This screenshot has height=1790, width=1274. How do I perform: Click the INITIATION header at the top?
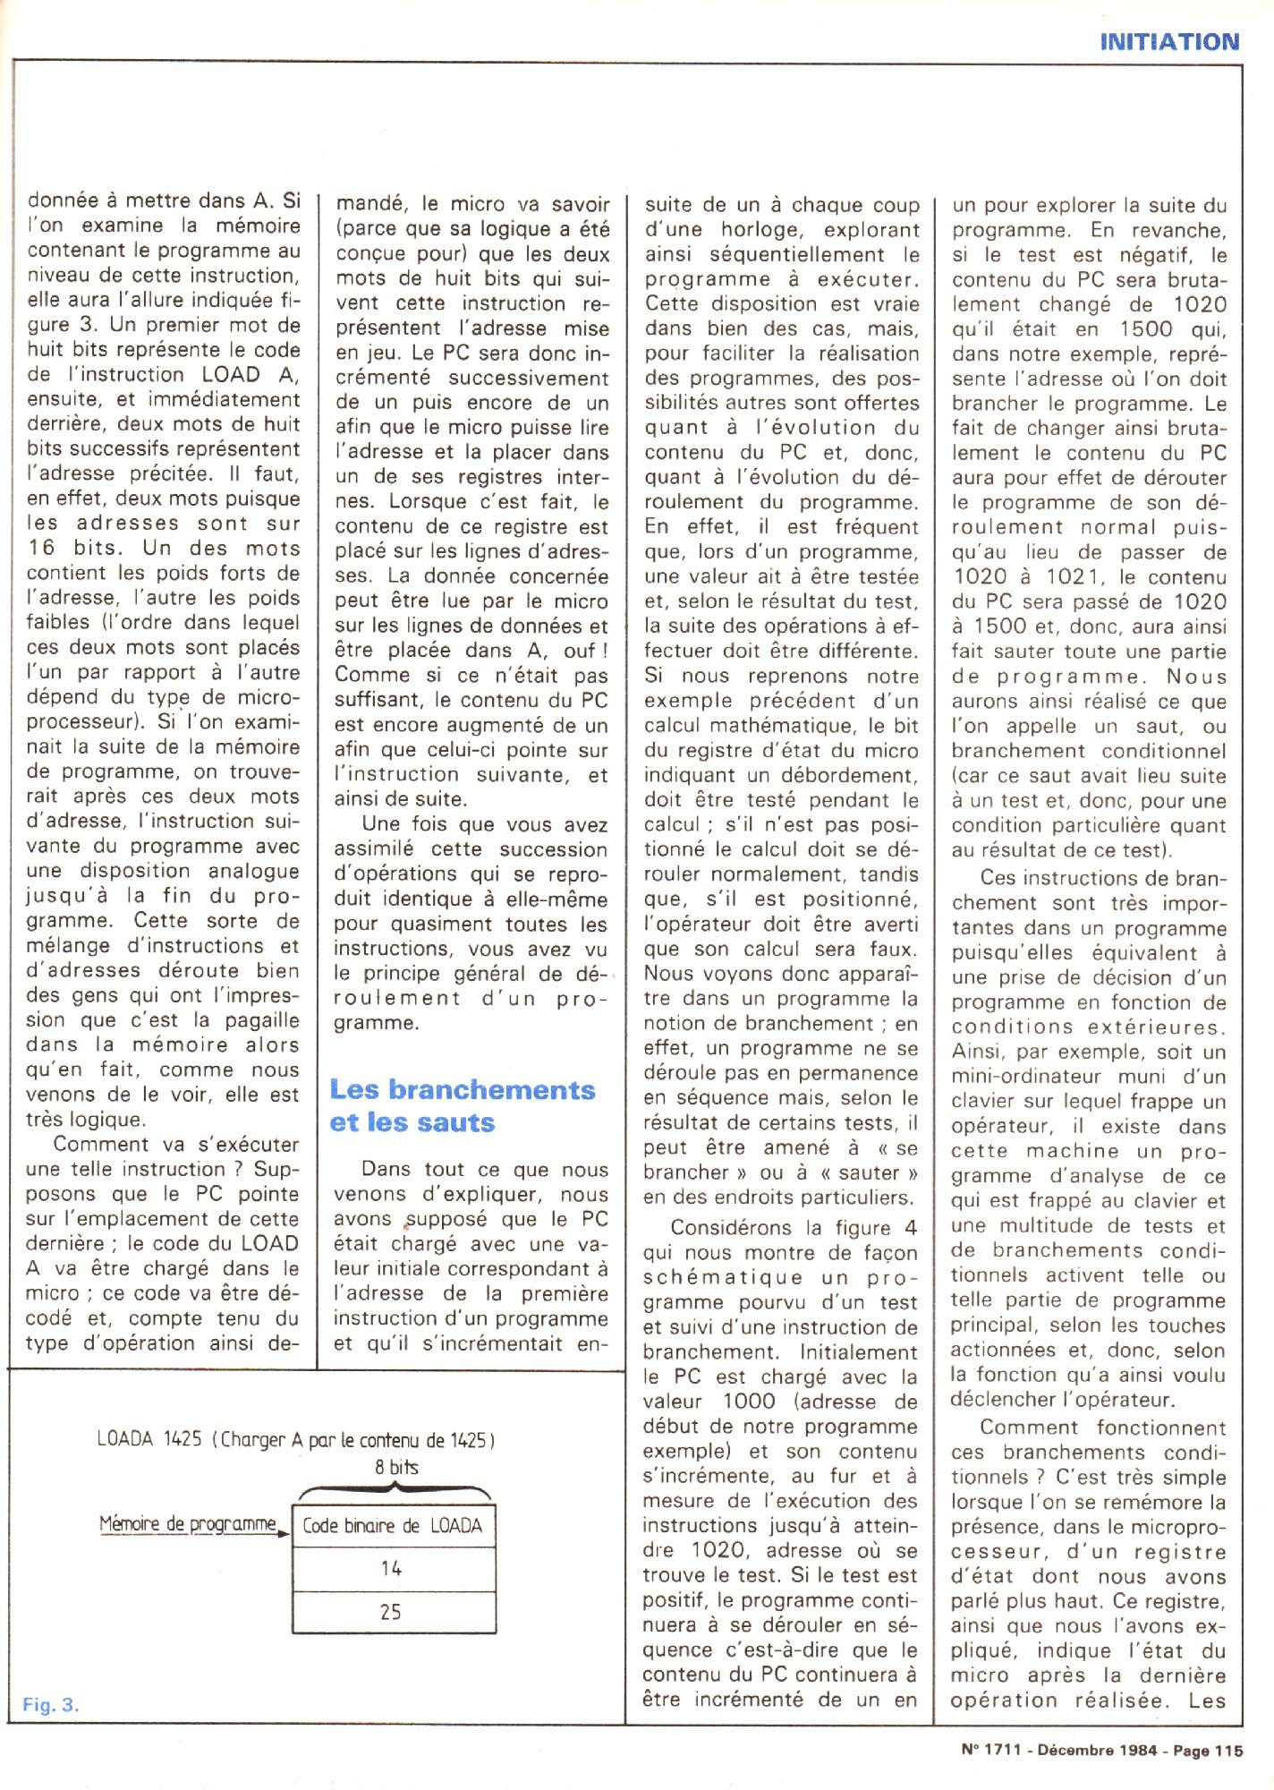coord(1168,41)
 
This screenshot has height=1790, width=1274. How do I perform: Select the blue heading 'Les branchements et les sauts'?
coord(462,1105)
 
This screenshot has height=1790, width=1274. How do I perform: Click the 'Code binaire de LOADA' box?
coord(393,1526)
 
